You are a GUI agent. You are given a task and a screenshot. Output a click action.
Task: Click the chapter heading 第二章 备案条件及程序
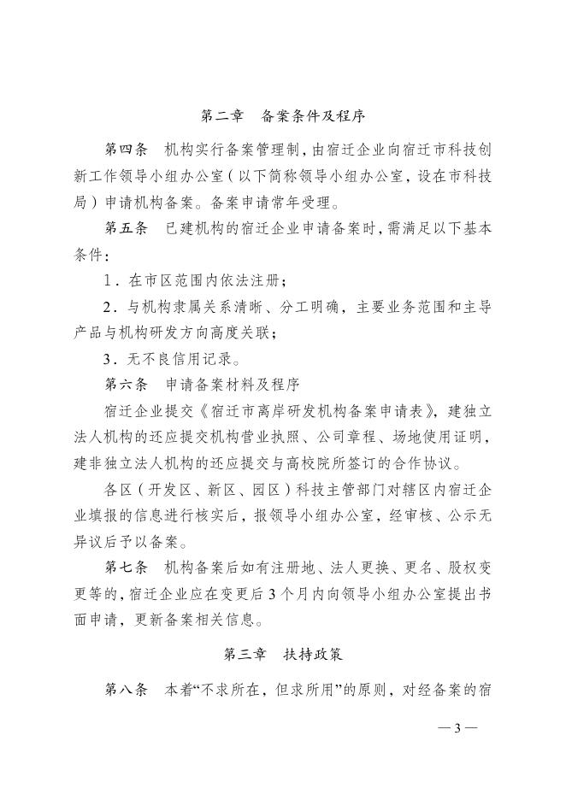(x=282, y=115)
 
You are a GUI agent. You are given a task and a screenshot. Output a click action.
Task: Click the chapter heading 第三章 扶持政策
(x=282, y=655)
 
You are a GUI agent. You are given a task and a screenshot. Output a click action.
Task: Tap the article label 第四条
(x=127, y=150)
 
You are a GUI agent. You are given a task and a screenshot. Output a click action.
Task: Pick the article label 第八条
(x=127, y=691)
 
